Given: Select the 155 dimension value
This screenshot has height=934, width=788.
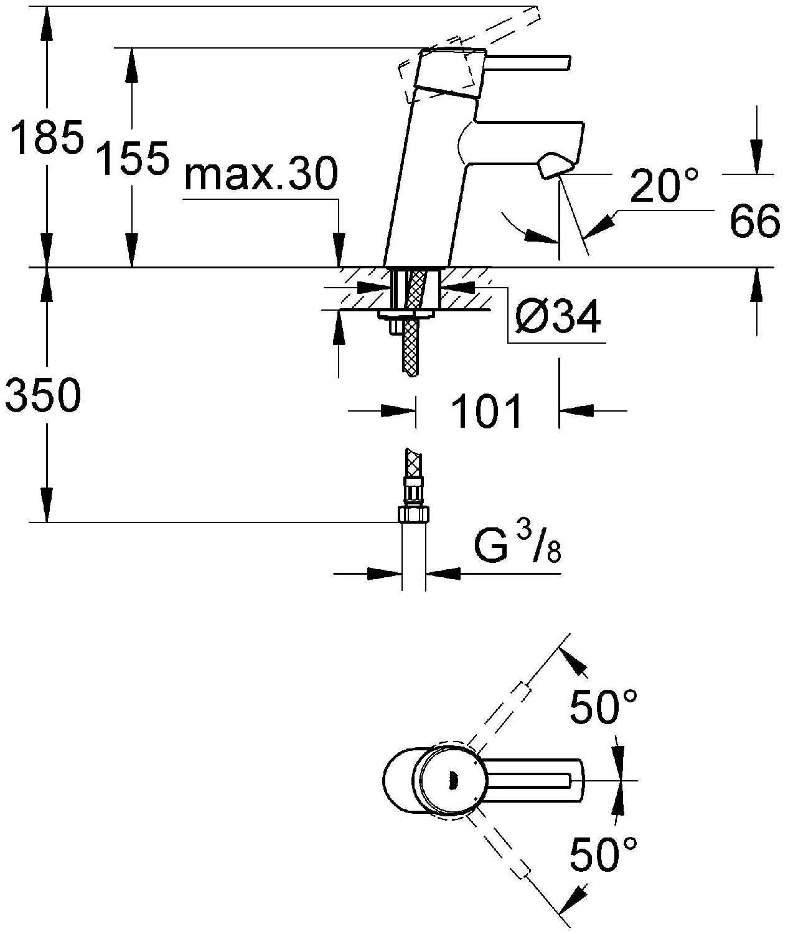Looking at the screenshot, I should (x=134, y=158).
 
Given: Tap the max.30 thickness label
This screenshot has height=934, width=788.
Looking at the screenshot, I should (x=261, y=175).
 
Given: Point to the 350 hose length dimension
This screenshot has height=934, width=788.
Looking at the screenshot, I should (x=42, y=395).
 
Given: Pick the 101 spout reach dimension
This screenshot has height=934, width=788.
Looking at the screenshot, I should (x=486, y=412).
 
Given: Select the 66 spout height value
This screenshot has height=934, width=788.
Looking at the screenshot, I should (x=754, y=220).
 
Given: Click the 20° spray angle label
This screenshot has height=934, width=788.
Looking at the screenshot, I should (x=664, y=186).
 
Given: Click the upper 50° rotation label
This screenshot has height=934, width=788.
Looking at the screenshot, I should (x=604, y=707).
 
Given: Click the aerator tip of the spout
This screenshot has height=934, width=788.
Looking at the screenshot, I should (x=556, y=166).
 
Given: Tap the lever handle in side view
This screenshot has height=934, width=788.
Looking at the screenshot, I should (x=529, y=63).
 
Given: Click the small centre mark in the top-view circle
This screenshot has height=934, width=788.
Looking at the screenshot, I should (x=453, y=780).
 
